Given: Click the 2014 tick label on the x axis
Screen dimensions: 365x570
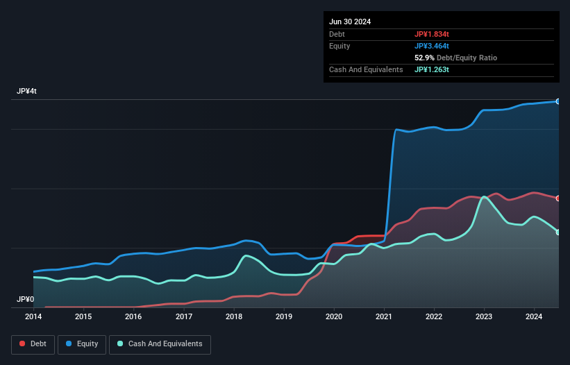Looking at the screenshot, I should [x=33, y=317].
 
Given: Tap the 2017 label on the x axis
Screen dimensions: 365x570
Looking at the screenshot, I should [x=184, y=317].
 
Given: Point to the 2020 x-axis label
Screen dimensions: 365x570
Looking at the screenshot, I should [x=334, y=317].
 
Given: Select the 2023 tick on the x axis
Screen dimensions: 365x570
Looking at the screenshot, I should [x=484, y=317].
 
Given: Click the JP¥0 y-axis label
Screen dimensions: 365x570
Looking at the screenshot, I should [x=25, y=300].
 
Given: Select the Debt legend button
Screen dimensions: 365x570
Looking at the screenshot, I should [x=32, y=343].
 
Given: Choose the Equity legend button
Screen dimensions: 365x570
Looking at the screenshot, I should [x=82, y=343].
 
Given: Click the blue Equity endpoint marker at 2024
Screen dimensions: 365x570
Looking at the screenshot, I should [x=558, y=101].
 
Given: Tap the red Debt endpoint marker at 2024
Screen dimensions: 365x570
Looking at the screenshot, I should [x=558, y=198].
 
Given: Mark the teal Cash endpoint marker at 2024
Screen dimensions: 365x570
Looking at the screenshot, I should [x=558, y=232].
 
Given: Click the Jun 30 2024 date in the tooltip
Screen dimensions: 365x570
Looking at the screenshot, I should [x=350, y=22].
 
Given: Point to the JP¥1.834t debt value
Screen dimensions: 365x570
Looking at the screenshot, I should [x=433, y=34].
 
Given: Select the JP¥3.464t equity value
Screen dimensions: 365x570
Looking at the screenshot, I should [x=433, y=46].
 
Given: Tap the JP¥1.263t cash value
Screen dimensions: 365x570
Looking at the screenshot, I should [x=433, y=69].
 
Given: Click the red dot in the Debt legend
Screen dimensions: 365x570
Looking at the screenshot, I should [x=23, y=343].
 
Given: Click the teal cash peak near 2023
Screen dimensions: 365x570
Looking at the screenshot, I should [x=484, y=197].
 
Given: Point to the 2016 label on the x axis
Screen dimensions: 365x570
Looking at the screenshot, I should [x=133, y=317].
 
